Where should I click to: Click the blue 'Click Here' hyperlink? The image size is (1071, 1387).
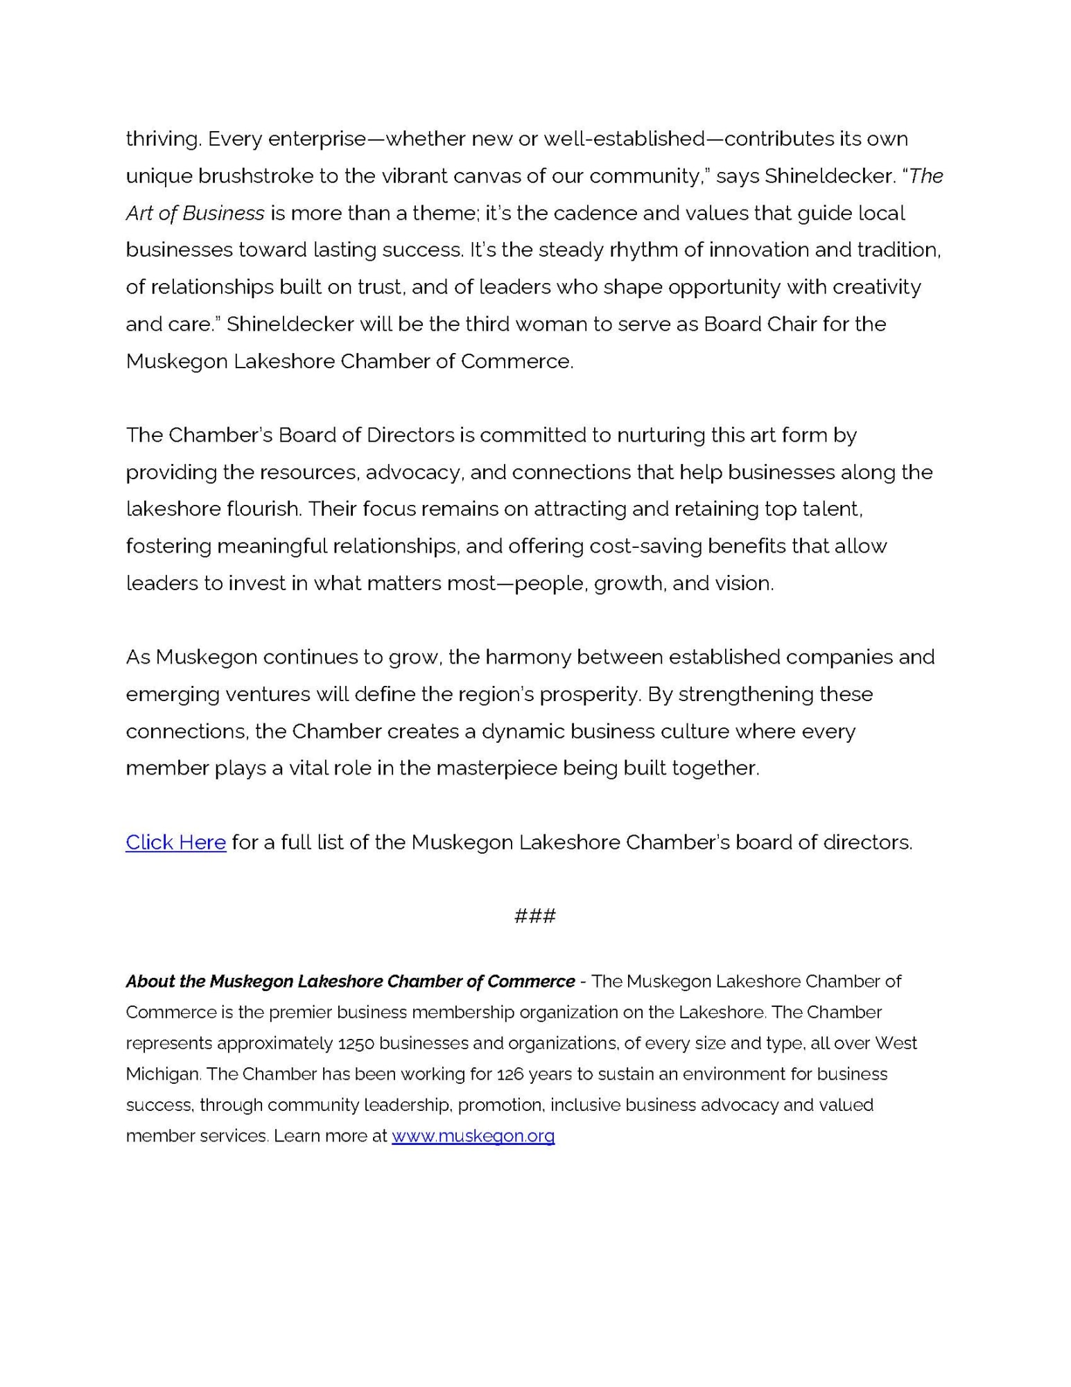pyautogui.click(x=175, y=842)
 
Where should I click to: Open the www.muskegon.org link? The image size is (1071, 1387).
pyautogui.click(x=473, y=1135)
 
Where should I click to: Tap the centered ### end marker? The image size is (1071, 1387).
pyautogui.click(x=534, y=915)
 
